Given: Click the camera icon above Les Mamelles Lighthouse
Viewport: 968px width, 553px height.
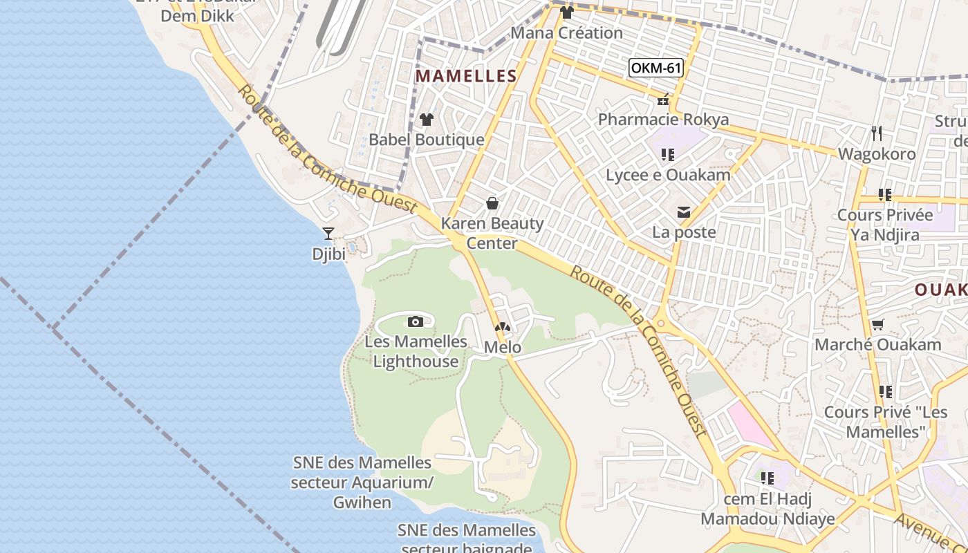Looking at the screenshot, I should pyautogui.click(x=416, y=321).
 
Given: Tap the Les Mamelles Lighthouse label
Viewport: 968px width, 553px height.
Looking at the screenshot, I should pyautogui.click(x=416, y=351).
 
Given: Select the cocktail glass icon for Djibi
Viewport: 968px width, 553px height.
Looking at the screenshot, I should pyautogui.click(x=328, y=234).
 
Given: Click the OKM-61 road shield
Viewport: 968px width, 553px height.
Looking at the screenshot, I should pyautogui.click(x=656, y=68).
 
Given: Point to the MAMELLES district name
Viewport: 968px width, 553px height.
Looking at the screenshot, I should pyautogui.click(x=466, y=76).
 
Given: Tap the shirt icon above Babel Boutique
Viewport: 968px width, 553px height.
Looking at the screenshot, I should pyautogui.click(x=426, y=120).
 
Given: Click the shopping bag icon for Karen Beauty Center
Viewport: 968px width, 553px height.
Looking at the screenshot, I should pyautogui.click(x=492, y=203).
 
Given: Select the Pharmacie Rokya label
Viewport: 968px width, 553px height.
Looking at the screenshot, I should pyautogui.click(x=663, y=120).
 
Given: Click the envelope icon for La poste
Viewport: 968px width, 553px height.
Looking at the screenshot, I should pyautogui.click(x=684, y=212).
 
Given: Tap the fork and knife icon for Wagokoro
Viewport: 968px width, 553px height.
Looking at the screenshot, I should pyautogui.click(x=877, y=133).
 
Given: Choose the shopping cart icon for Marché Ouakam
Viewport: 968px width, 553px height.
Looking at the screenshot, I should pyautogui.click(x=877, y=324).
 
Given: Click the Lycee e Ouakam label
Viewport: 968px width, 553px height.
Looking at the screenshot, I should pyautogui.click(x=668, y=175).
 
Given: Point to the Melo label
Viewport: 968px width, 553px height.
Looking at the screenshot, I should pyautogui.click(x=503, y=347).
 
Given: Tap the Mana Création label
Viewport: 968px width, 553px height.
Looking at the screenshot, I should pyautogui.click(x=566, y=32).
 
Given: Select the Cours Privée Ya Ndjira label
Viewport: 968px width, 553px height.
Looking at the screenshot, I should pyautogui.click(x=885, y=225).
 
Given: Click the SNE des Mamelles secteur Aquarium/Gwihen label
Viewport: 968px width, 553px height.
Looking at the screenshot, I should pyautogui.click(x=362, y=482).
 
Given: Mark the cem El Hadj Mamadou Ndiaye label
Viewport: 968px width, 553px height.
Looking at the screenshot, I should pyautogui.click(x=767, y=509).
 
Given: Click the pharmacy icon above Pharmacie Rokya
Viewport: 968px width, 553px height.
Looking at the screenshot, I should pyautogui.click(x=663, y=101).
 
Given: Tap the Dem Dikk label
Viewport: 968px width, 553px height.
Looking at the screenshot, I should pyautogui.click(x=197, y=15).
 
